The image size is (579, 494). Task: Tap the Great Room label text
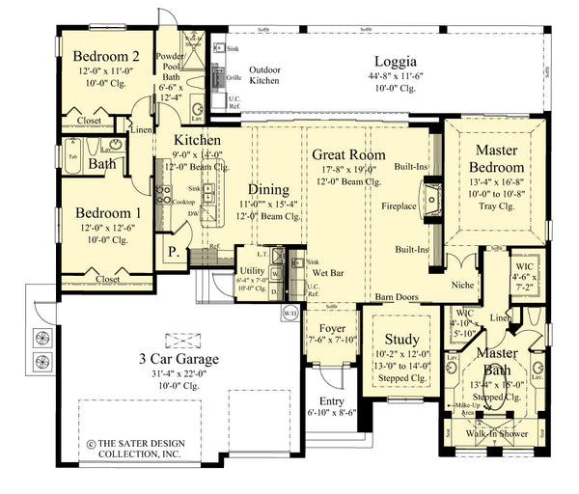[348, 154]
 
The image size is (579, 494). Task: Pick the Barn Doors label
[398, 297]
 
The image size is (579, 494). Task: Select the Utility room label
[254, 272]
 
